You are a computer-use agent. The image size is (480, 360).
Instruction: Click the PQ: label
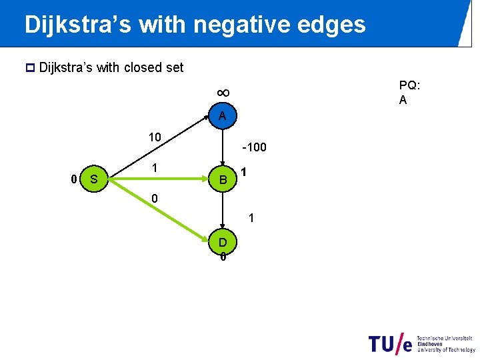click(x=409, y=85)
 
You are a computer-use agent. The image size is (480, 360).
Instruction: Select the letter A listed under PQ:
click(x=403, y=100)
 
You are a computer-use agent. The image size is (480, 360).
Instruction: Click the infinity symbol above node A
click(x=223, y=92)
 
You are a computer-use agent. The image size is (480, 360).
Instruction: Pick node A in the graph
click(x=223, y=116)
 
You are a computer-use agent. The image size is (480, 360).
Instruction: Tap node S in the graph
click(x=94, y=179)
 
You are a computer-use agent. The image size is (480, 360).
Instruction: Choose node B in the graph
click(x=223, y=179)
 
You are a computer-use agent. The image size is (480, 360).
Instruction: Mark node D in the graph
click(x=223, y=241)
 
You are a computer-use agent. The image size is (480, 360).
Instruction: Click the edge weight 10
click(x=154, y=137)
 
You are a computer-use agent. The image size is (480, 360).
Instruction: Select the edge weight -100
click(x=254, y=147)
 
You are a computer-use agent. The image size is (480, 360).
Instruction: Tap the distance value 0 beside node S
click(x=74, y=179)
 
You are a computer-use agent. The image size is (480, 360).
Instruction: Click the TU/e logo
click(x=390, y=343)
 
